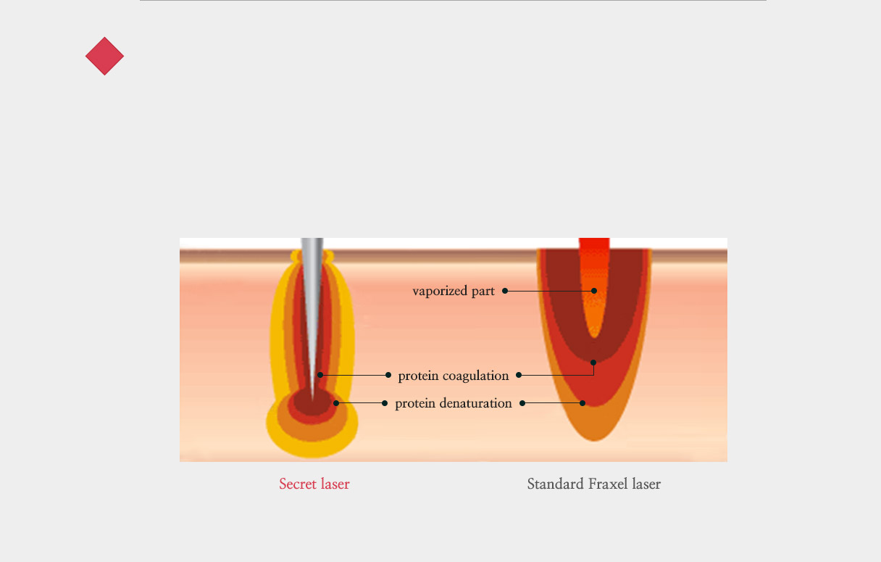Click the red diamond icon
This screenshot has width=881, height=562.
(104, 56)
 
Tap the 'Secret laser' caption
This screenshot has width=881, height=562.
(314, 484)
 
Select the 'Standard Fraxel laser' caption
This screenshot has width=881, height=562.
(594, 484)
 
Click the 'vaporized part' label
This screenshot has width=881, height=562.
(454, 292)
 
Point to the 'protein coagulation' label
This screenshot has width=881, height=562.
(454, 376)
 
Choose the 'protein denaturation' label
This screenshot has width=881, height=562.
(454, 403)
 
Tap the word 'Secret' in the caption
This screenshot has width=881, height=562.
(298, 484)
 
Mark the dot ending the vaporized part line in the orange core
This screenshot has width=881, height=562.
(594, 291)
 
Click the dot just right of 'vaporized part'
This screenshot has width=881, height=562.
(505, 291)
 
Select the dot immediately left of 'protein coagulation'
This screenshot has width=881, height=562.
(388, 375)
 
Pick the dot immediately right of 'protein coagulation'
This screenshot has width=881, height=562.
(519, 375)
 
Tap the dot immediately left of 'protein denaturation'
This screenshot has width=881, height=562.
(385, 403)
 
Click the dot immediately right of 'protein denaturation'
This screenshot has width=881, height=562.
(522, 403)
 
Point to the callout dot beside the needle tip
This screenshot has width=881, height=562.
(320, 375)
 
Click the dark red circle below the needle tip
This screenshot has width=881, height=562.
(312, 402)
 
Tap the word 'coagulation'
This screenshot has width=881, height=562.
(476, 376)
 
